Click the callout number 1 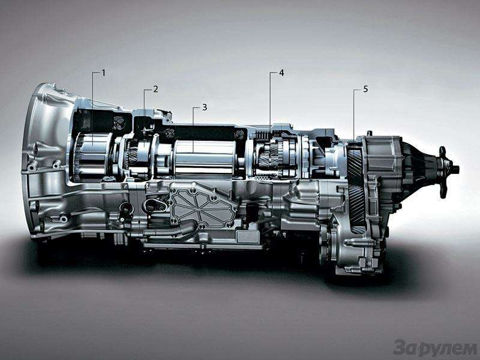[x=103, y=73]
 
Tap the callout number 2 [x=155, y=89]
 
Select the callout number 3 [x=205, y=107]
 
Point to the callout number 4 [x=281, y=73]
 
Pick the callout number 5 [x=365, y=89]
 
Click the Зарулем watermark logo [x=435, y=349]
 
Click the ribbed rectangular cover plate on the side [x=202, y=205]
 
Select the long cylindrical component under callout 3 [x=205, y=159]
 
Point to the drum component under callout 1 [x=92, y=156]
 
